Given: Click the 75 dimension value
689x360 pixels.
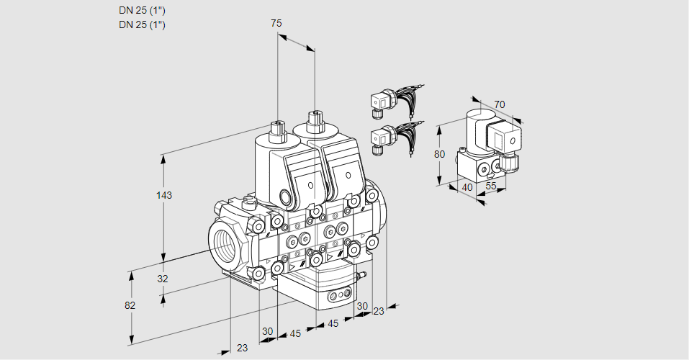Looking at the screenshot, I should [x=276, y=24].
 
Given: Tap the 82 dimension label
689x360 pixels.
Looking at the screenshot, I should [x=130, y=305].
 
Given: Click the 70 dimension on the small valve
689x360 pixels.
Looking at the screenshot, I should [x=500, y=104].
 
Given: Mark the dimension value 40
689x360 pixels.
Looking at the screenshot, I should [x=468, y=187].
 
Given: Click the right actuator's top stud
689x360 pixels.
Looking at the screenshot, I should [x=314, y=120].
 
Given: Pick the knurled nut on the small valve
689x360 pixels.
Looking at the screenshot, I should [x=510, y=162].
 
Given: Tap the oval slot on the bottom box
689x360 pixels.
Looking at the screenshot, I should [x=337, y=296].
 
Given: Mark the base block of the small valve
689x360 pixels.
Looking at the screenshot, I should [x=475, y=168].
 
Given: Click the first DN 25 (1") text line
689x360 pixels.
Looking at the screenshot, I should [x=142, y=10].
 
